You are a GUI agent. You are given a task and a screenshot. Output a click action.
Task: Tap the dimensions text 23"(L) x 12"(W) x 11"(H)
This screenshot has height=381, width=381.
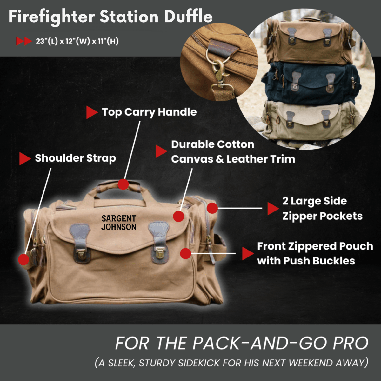[77, 41]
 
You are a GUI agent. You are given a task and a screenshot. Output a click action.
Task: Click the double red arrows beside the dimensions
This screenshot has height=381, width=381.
[24, 41]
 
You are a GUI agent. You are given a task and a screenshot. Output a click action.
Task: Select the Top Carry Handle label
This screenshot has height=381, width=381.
[149, 112]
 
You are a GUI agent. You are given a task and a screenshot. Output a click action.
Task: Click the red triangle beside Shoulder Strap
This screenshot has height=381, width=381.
[24, 158]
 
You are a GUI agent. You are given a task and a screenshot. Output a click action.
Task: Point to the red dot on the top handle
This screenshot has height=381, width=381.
[123, 184]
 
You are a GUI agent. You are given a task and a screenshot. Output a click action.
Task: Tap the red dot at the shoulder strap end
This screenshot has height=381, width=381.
[23, 259]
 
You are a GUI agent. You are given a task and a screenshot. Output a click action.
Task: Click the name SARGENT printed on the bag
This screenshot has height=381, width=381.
[119, 218]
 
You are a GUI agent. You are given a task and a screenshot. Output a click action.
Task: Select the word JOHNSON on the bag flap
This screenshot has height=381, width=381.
[119, 227]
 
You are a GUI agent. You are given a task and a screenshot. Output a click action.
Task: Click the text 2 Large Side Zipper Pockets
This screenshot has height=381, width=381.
[322, 209]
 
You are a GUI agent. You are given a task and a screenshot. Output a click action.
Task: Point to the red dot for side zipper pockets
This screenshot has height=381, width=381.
[212, 208]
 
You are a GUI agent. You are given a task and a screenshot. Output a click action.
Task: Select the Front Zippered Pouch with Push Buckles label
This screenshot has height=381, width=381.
[314, 253]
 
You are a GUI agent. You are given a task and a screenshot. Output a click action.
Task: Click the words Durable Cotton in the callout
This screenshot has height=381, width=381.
[212, 144]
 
